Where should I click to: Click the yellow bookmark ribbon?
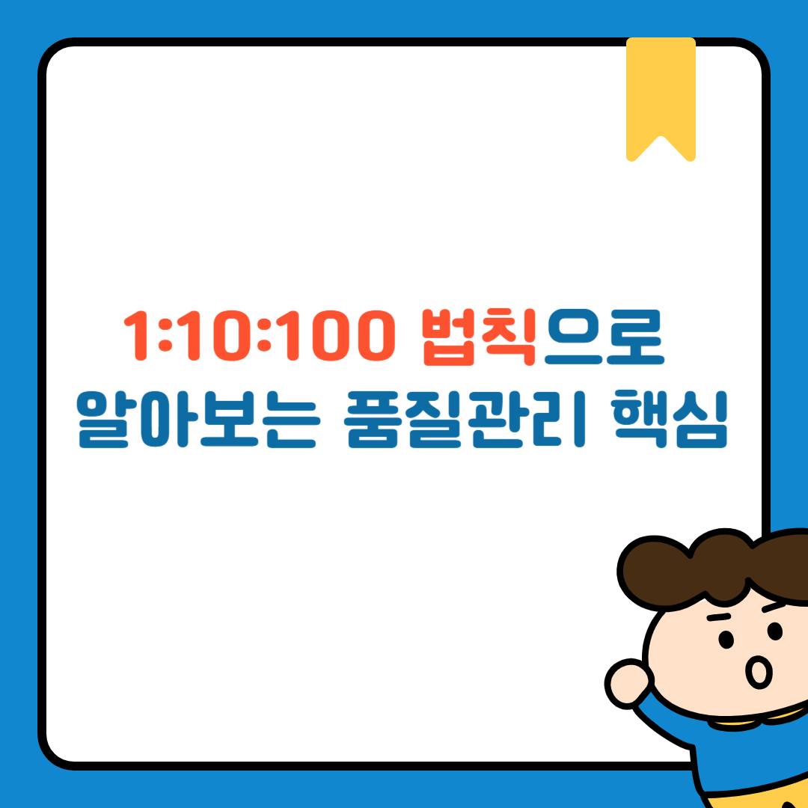661,90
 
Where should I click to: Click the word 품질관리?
462,422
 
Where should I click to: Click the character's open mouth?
759,673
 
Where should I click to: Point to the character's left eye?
726,640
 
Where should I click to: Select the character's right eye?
775,633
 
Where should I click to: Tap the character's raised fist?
627,681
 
